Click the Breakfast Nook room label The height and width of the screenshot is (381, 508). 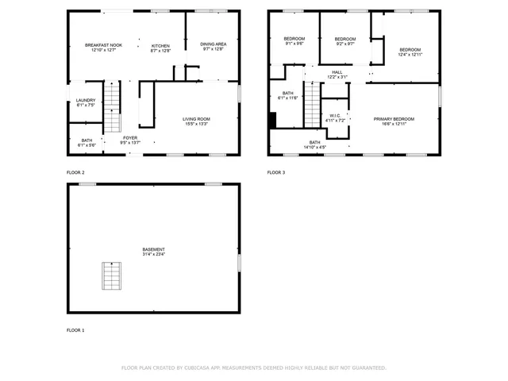point(103,45)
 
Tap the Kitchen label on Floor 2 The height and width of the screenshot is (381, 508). point(160,45)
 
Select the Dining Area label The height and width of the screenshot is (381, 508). point(213,44)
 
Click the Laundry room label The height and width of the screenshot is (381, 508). point(86,100)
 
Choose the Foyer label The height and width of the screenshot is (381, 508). point(129,137)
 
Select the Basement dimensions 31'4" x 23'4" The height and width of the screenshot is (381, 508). point(154,254)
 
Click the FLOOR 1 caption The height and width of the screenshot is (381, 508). point(75,329)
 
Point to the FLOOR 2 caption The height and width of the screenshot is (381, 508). point(75,172)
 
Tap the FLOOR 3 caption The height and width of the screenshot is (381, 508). point(275,172)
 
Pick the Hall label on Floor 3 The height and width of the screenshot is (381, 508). point(337,72)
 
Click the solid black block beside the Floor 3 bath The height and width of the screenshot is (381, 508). point(272,120)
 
